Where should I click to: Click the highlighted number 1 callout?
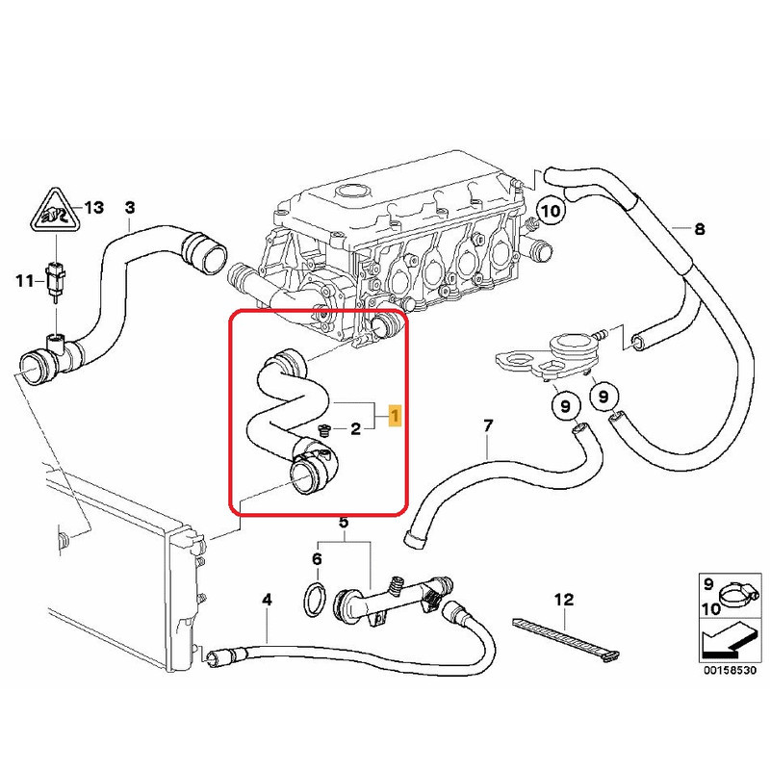coord(393,416)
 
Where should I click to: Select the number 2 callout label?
coord(355,428)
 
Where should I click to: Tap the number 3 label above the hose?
coord(131,207)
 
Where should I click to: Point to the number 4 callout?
coord(267,600)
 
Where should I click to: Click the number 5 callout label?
coord(344,523)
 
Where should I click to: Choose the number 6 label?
coord(315,559)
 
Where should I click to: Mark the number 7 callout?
coord(488,425)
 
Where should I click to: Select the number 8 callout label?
coord(700,229)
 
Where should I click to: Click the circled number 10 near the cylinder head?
coord(550,209)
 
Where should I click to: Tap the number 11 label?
coord(24,280)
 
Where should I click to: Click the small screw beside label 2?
coord(323,429)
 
